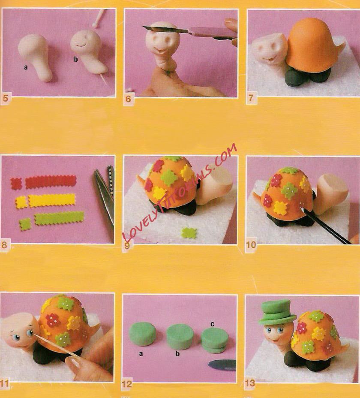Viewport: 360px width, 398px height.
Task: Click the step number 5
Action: [x=5, y=98]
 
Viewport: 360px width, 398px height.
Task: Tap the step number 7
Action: [x=251, y=98]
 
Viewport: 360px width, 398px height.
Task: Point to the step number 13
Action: [x=250, y=383]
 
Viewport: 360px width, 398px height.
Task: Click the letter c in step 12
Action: [x=212, y=324]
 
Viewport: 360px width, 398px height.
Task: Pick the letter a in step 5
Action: [x=26, y=67]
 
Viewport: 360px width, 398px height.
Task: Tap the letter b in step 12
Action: [x=177, y=353]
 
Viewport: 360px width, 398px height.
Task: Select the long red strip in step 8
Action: [x=51, y=182]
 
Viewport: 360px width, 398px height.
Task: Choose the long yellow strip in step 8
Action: [x=52, y=201]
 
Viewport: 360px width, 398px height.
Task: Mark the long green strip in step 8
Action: [x=59, y=218]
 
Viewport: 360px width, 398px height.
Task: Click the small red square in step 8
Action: [x=16, y=184]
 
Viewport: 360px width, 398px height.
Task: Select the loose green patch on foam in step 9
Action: [x=189, y=233]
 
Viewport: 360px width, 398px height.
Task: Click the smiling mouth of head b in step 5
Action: [x=81, y=45]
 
